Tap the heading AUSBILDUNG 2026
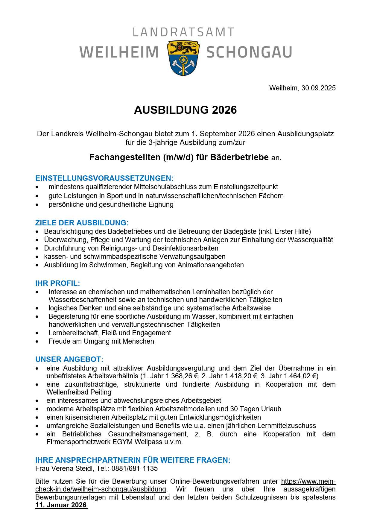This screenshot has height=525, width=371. click(185, 110)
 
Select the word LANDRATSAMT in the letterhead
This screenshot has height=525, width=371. click(183, 32)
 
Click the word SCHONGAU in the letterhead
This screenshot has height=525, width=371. click(249, 52)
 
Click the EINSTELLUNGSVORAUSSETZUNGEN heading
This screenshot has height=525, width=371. click(104, 178)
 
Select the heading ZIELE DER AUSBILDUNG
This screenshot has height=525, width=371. click(82, 223)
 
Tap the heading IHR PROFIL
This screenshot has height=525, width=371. click(57, 283)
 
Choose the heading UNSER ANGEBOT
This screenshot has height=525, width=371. click(69, 359)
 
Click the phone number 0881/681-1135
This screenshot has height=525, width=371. click(134, 468)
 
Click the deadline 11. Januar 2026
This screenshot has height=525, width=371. click(61, 505)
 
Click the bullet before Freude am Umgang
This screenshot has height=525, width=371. click(37, 342)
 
